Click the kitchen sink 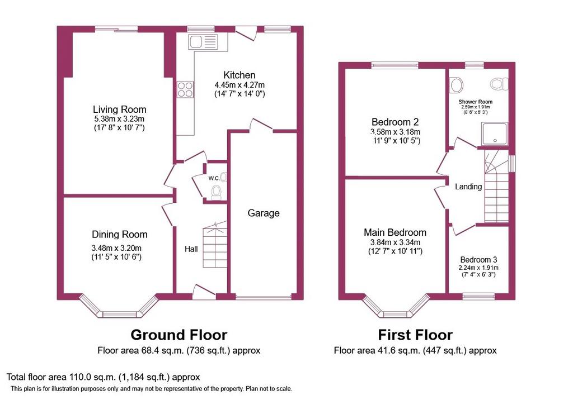[x=203, y=42]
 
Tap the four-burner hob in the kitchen [x=185, y=89]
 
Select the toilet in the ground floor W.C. [x=217, y=192]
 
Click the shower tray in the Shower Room [x=495, y=134]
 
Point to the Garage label [x=264, y=213]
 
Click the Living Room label [x=120, y=109]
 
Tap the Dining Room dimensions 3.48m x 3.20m [x=116, y=248]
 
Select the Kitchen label [x=239, y=75]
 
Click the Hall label [x=191, y=249]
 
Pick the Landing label [x=468, y=187]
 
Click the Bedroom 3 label [x=478, y=260]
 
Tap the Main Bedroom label [x=395, y=232]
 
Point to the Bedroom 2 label [x=395, y=122]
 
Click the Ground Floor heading [x=179, y=335]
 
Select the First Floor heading [x=415, y=335]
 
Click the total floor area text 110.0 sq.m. [x=104, y=377]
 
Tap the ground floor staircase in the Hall [x=215, y=245]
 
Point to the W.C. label [x=214, y=178]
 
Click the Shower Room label [x=476, y=102]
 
